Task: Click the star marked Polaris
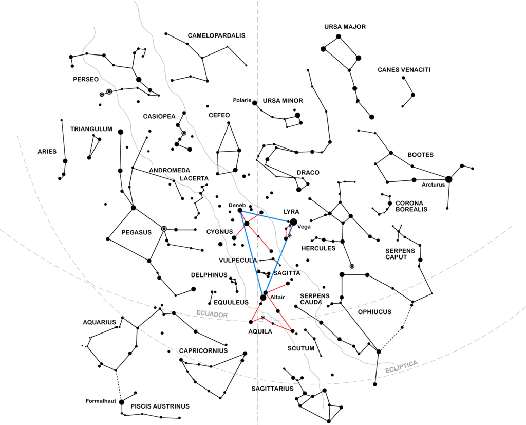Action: coord(255,103)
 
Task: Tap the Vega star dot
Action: coord(293,222)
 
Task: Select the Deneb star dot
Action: coord(240,211)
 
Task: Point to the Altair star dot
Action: coord(264,298)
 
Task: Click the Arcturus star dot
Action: coord(448,179)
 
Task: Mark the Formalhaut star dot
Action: coord(122,402)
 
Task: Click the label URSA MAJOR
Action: coord(345,27)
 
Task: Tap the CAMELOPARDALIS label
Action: coord(216,35)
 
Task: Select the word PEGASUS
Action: coord(137,232)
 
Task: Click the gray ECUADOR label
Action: coord(212,314)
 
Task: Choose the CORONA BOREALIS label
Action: coord(411,206)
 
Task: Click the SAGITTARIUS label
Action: coord(272,389)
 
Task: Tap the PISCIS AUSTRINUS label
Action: coord(160,406)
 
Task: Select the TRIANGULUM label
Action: coord(91,129)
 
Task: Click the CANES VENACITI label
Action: coord(404,70)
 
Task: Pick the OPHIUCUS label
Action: coord(374,312)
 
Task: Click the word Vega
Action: coord(304,227)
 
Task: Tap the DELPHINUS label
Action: coord(209,275)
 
